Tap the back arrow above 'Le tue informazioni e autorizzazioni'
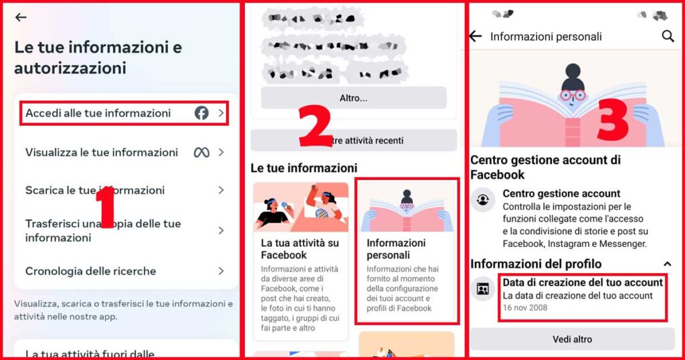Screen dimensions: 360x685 pyautogui.click(x=21, y=17)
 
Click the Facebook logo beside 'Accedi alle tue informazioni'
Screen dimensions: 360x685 pyautogui.click(x=201, y=113)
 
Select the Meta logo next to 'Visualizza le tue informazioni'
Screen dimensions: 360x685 pyautogui.click(x=201, y=153)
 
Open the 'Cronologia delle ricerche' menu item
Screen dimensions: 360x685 pyautogui.click(x=90, y=271)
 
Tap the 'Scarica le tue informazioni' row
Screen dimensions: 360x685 pyautogui.click(x=95, y=191)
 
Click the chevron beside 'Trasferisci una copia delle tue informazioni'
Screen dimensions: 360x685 pyautogui.click(x=221, y=230)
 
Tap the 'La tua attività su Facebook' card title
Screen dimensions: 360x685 pyautogui.click(x=300, y=248)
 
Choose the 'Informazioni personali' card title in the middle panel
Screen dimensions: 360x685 pyautogui.click(x=396, y=248)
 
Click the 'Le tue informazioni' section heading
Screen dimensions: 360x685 pyautogui.click(x=304, y=167)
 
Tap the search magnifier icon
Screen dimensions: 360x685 pyautogui.click(x=668, y=36)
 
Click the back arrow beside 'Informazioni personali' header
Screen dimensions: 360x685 pyautogui.click(x=476, y=36)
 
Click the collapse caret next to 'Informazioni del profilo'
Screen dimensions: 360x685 pyautogui.click(x=667, y=264)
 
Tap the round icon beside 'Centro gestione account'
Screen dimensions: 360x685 pyautogui.click(x=482, y=199)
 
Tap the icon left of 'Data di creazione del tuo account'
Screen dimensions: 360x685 pyautogui.click(x=482, y=289)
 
